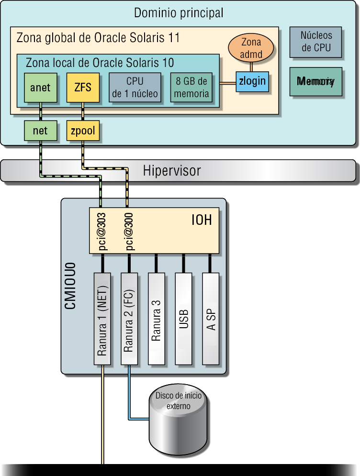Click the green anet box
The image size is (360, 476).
pyautogui.click(x=40, y=88)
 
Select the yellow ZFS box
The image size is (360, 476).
pyautogui.click(x=83, y=88)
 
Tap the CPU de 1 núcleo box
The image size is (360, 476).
pyautogui.click(x=135, y=88)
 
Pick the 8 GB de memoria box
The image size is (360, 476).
pyautogui.click(x=191, y=88)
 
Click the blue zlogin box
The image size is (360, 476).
pyautogui.click(x=252, y=81)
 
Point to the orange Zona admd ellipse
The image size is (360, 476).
pyautogui.click(x=251, y=48)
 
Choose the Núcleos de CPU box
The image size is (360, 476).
pyautogui.click(x=316, y=42)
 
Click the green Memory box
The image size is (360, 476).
pyautogui.click(x=316, y=81)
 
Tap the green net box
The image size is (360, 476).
pyautogui.click(x=40, y=131)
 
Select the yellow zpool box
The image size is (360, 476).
pyautogui.click(x=83, y=131)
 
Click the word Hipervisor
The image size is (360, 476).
pyautogui.click(x=172, y=171)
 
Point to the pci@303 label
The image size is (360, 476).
pyautogui.click(x=102, y=231)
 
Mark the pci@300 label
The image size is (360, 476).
pyautogui.click(x=129, y=231)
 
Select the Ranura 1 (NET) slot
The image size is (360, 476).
pyautogui.click(x=102, y=319)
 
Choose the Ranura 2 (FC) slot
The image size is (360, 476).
pyautogui.click(x=129, y=319)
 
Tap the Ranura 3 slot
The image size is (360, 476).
pyautogui.click(x=156, y=319)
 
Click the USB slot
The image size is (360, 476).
pyautogui.click(x=183, y=319)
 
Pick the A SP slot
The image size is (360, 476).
pyautogui.click(x=211, y=319)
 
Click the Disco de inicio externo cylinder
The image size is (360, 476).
pyautogui.click(x=179, y=416)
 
